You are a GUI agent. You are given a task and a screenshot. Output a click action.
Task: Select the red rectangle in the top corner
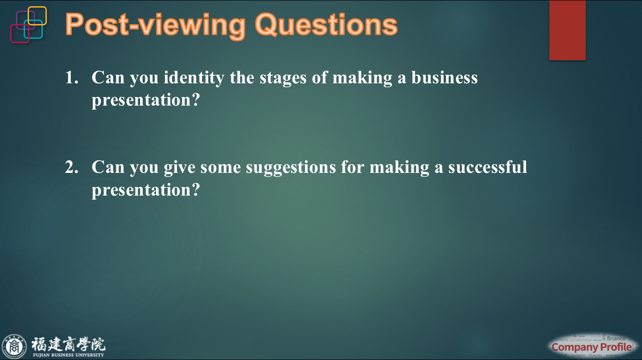pos(567,30)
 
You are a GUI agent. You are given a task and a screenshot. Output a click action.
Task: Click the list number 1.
pos(71,78)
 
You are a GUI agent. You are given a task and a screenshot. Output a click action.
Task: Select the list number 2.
pos(71,168)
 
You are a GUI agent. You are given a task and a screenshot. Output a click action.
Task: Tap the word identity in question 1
pos(194,78)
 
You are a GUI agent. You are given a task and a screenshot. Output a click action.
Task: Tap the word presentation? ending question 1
pos(145,100)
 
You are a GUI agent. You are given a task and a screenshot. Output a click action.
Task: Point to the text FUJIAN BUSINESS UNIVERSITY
pos(68,355)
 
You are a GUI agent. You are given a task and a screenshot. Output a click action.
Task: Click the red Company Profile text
pos(592,347)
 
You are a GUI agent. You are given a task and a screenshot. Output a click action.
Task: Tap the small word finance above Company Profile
pos(616,339)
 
